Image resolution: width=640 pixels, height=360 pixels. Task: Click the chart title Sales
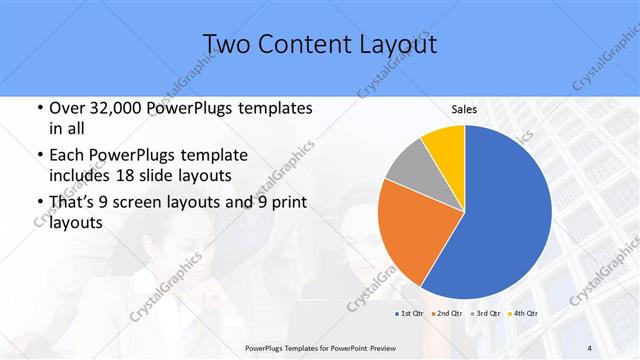pos(464,110)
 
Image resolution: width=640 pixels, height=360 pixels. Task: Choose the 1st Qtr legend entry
pos(407,314)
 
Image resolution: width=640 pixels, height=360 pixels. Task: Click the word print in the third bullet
pos(283,203)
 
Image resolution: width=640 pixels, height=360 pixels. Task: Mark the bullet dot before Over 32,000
pos(38,108)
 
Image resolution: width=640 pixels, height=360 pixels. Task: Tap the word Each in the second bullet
pos(67,156)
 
